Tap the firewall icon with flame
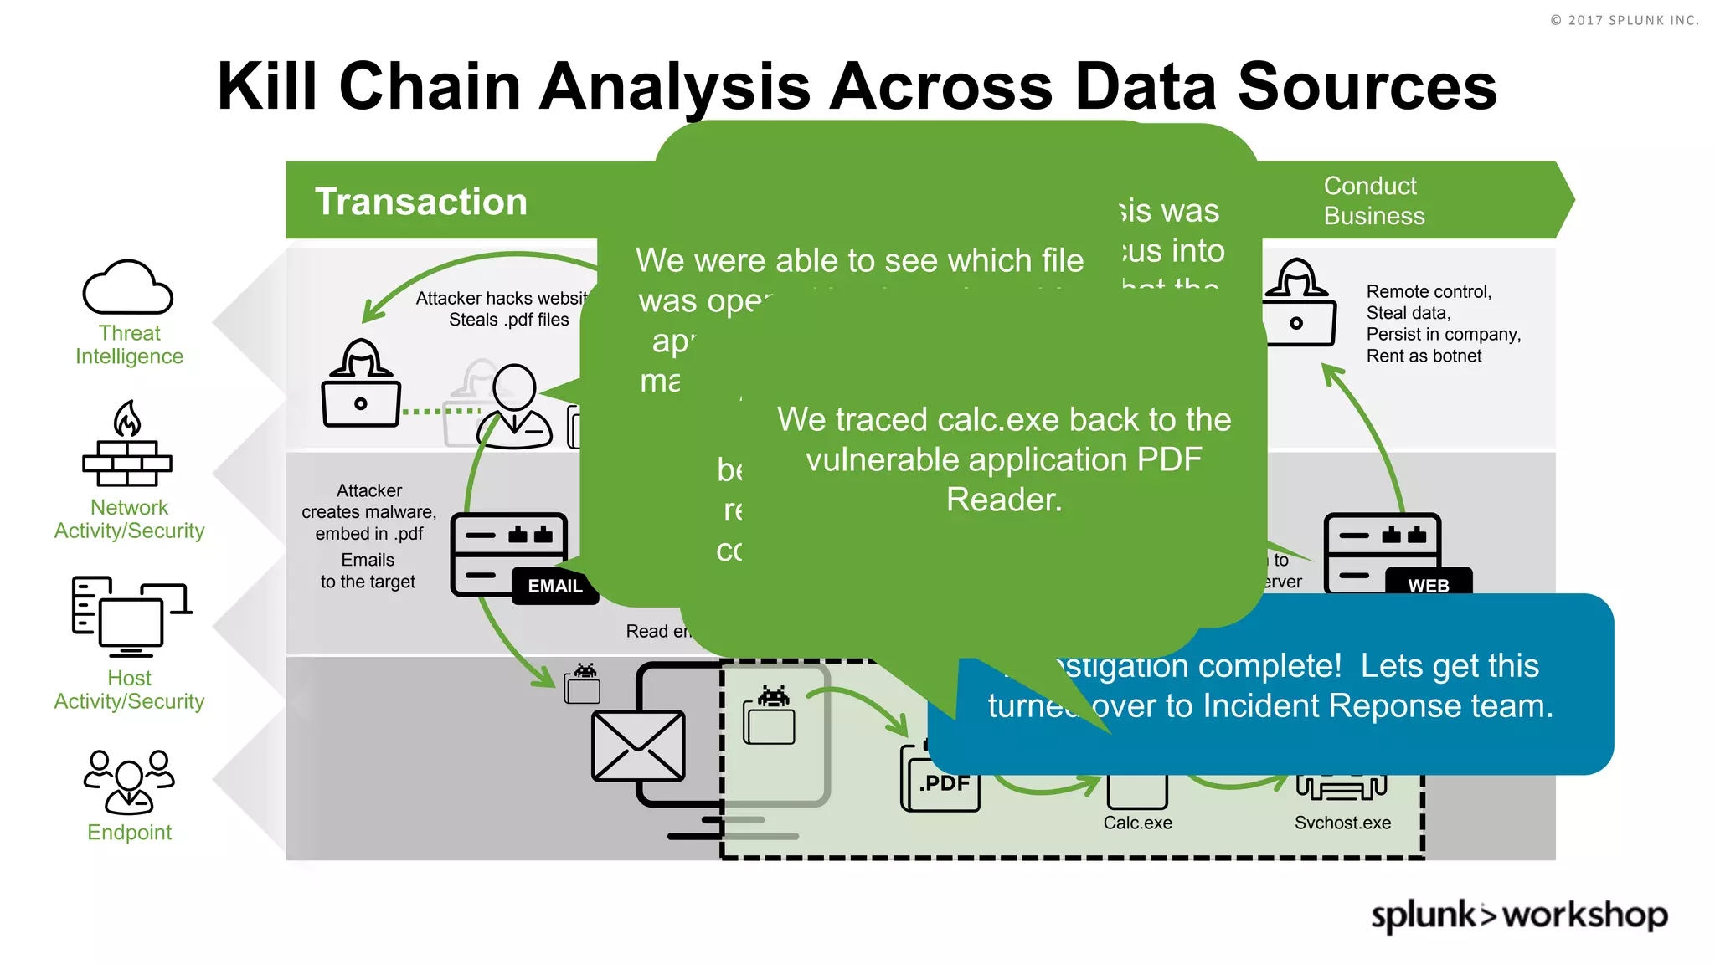[127, 445]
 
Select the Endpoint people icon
[129, 782]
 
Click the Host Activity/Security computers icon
[130, 617]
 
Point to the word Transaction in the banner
[420, 202]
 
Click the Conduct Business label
[1373, 201]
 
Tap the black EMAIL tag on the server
[554, 586]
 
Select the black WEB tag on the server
[1428, 585]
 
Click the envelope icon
[638, 746]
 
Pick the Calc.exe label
[1137, 823]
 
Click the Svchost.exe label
[1342, 823]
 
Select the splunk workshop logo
[1518, 915]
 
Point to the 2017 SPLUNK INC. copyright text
[1624, 20]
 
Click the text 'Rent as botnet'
[1424, 356]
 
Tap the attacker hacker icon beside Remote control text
[1297, 302]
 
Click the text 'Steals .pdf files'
[508, 320]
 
